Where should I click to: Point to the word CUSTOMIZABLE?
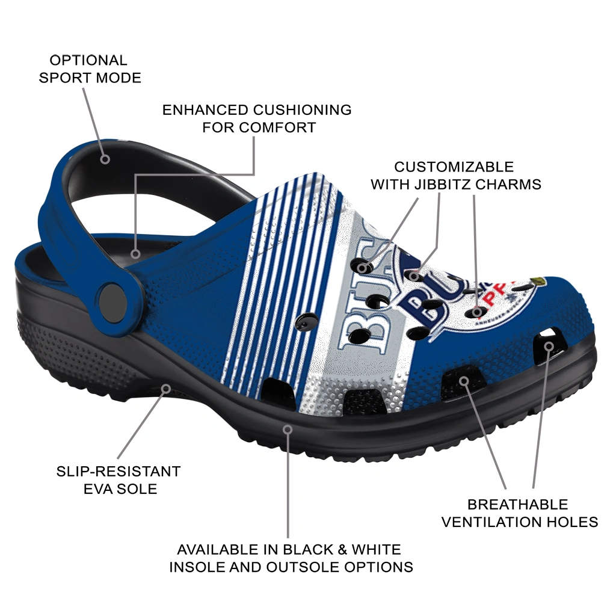(454, 167)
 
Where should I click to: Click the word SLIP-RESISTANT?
(119, 471)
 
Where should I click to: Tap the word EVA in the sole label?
(102, 488)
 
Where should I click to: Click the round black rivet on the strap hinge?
(113, 298)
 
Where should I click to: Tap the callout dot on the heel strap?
(105, 159)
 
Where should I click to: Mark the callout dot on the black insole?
(136, 254)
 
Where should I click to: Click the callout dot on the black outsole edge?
(288, 430)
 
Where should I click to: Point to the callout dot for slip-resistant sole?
(166, 388)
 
